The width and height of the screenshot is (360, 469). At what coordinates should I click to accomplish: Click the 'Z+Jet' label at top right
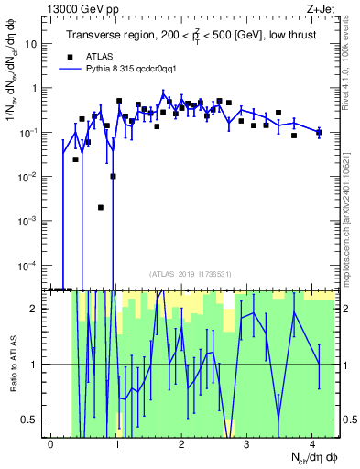click(319, 10)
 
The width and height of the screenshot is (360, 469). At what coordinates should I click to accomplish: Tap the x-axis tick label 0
click(51, 444)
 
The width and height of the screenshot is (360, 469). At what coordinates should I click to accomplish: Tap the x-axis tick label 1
click(116, 444)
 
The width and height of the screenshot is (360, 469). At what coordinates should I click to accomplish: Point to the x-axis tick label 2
click(181, 444)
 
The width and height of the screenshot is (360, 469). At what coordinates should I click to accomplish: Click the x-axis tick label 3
click(247, 444)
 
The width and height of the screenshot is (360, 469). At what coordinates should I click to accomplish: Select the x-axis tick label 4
click(312, 444)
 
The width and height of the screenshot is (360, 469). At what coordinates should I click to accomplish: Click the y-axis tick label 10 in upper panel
click(31, 44)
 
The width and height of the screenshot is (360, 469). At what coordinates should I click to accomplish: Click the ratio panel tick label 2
click(37, 309)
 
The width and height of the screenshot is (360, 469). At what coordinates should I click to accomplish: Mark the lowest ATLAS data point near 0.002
click(101, 207)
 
